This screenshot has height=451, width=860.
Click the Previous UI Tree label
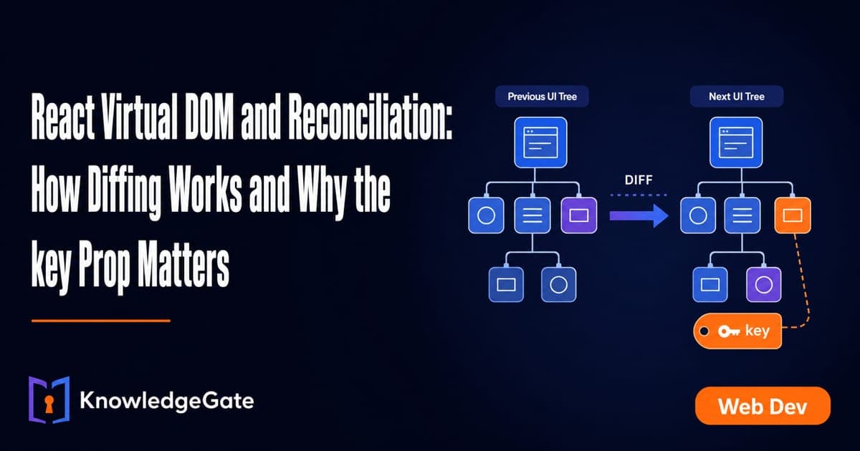click(542, 96)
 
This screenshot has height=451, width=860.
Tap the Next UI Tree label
click(737, 96)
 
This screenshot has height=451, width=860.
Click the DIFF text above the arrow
click(639, 180)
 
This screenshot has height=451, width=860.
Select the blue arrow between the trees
click(639, 216)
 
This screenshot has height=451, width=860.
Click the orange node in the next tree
click(793, 215)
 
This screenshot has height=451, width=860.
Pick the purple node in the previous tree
click(579, 215)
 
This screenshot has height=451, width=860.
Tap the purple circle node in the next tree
click(764, 285)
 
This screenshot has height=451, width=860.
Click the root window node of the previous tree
click(540, 142)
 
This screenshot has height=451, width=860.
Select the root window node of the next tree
click(736, 142)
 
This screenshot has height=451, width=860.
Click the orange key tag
click(737, 331)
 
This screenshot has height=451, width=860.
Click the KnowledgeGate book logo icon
click(49, 399)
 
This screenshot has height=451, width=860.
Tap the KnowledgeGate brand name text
click(166, 401)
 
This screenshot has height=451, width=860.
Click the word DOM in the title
click(209, 117)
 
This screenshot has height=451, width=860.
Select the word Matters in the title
click(183, 264)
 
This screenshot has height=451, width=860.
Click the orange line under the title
click(101, 321)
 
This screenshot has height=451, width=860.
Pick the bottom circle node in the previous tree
click(558, 285)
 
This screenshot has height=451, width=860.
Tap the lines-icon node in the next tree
click(742, 215)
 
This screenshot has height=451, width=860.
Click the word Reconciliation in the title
click(370, 117)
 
